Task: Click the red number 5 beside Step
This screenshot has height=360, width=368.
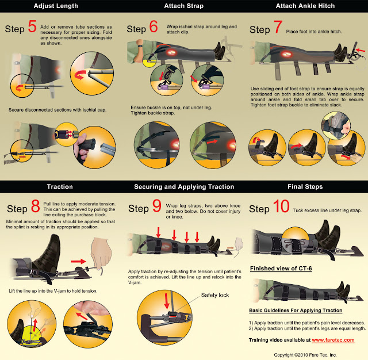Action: click(x=32, y=26)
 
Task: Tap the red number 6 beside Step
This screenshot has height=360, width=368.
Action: click(x=154, y=26)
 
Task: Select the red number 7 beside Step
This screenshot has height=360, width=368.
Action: click(x=278, y=27)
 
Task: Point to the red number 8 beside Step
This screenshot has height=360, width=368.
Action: click(x=36, y=206)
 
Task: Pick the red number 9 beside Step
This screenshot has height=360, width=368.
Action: click(x=157, y=205)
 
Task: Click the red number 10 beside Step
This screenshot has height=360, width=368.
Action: click(x=281, y=206)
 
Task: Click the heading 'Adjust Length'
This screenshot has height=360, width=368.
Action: click(x=56, y=6)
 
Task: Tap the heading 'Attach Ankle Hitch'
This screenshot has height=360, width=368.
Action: click(x=305, y=6)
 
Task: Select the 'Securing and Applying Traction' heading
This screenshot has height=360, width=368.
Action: click(x=184, y=187)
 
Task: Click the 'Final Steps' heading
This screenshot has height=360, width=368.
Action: click(x=305, y=186)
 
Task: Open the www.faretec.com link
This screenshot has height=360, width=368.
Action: click(x=333, y=340)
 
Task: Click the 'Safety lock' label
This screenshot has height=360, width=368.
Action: click(x=214, y=295)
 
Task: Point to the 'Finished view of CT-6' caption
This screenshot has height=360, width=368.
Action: click(x=281, y=268)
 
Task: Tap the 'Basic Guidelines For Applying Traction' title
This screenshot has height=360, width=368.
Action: click(x=296, y=310)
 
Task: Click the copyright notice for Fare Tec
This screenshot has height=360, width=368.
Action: click(x=305, y=355)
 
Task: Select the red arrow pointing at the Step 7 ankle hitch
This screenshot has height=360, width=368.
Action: click(x=361, y=50)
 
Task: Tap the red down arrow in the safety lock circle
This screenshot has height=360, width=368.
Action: click(x=167, y=301)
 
